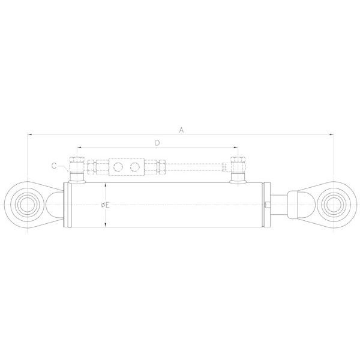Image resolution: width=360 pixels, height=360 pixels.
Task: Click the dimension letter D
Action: (157, 143)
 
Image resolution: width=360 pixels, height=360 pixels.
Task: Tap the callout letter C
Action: (54, 165)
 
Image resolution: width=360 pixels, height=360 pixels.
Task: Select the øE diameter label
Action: (106, 205)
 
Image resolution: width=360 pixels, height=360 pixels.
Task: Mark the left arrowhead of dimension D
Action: (79, 148)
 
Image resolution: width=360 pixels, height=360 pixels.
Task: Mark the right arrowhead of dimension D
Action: (235, 148)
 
